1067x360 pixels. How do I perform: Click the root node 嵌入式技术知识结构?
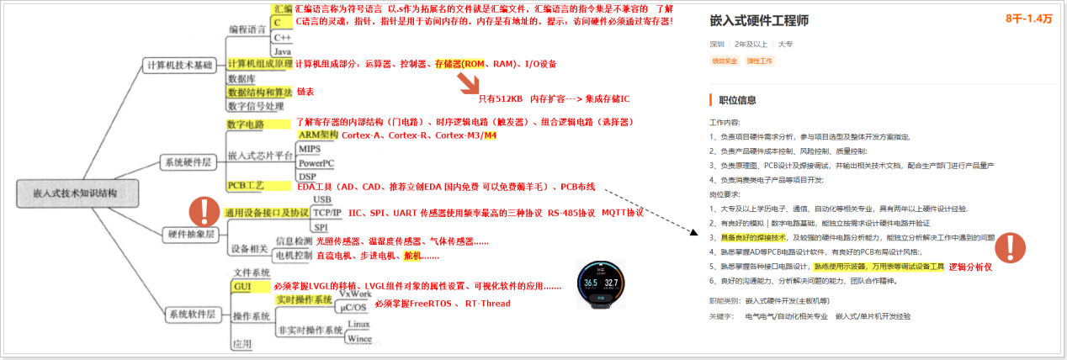point(77,194)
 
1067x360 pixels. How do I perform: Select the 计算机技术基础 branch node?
point(180,65)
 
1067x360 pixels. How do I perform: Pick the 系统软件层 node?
point(191,314)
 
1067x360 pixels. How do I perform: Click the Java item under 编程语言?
point(283,51)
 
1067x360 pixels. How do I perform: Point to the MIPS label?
point(310,149)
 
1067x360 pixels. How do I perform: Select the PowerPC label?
point(316,162)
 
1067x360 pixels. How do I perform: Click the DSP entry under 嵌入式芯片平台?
point(307,176)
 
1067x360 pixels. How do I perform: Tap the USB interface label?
point(321,199)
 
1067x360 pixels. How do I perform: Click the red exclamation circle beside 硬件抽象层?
point(204,211)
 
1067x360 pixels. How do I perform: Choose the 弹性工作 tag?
point(760,61)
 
